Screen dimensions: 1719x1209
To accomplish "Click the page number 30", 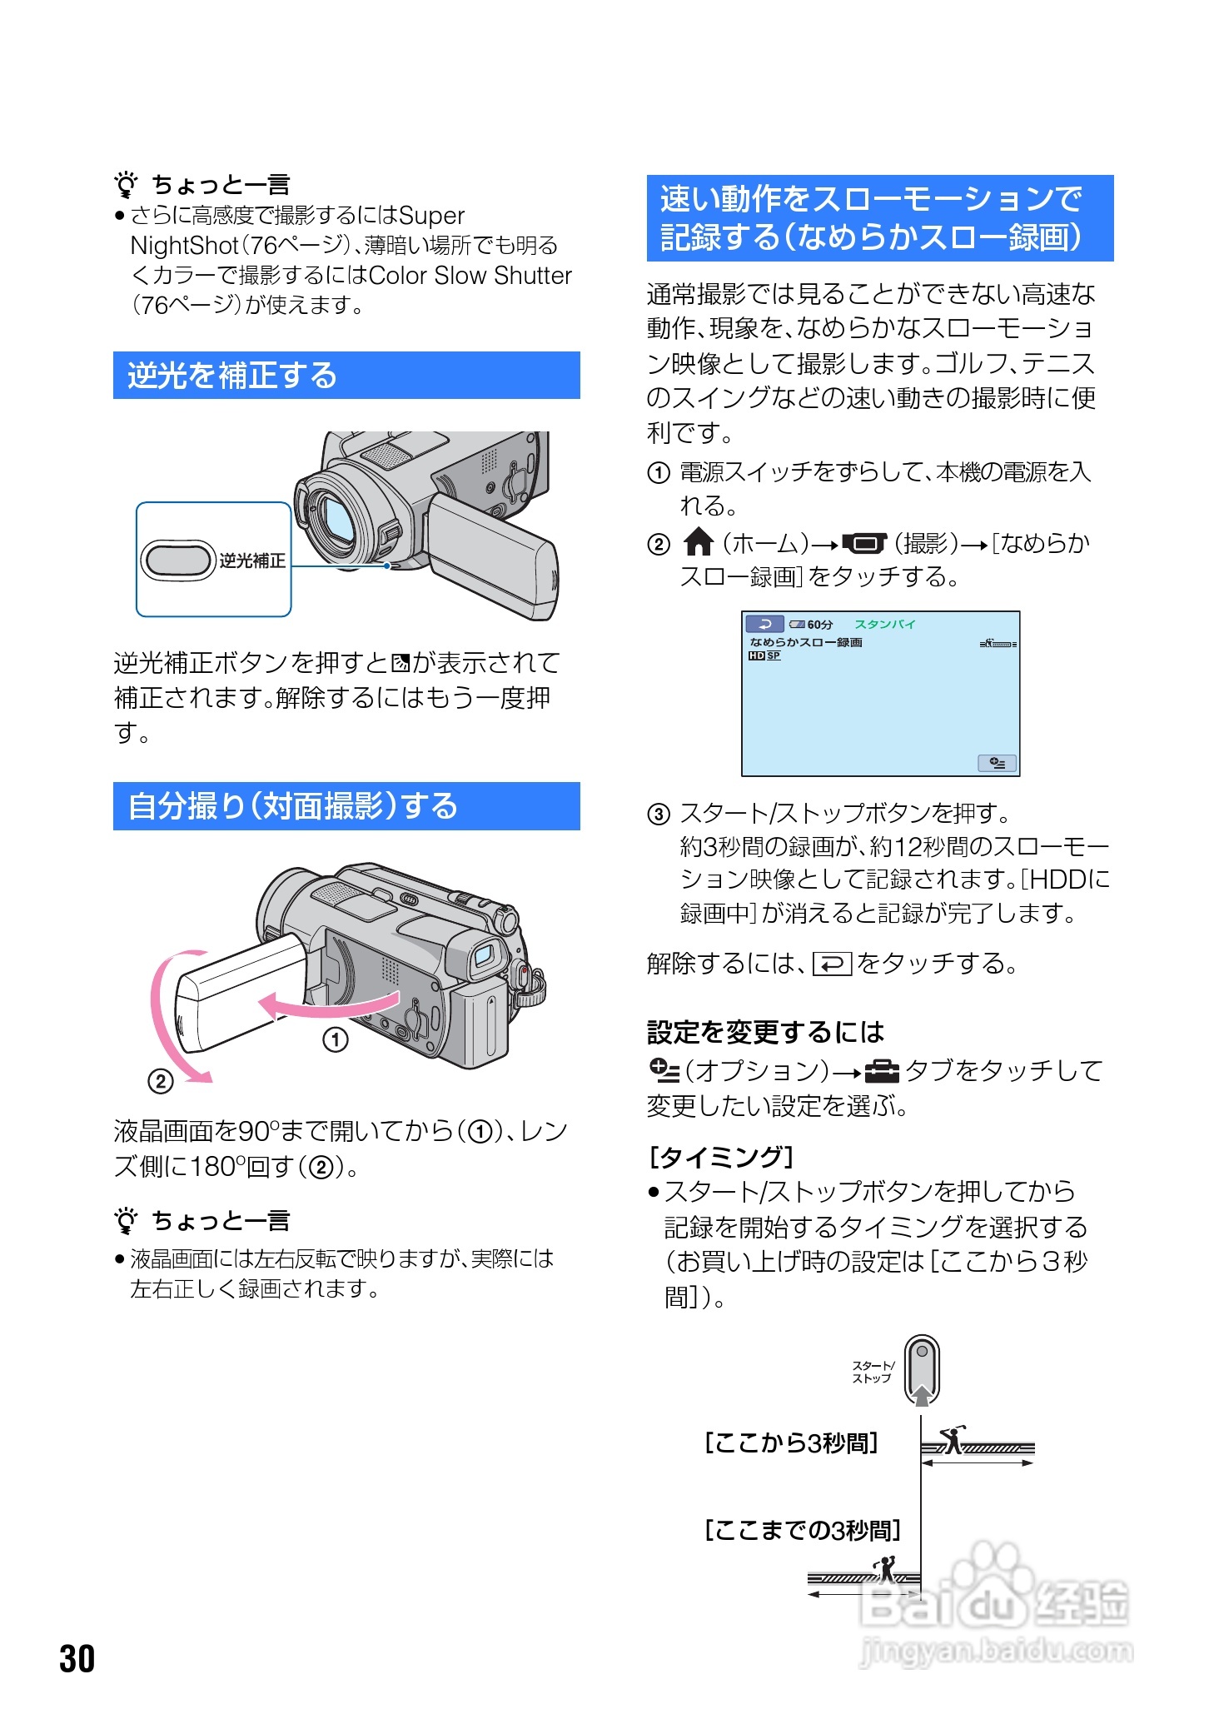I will point(77,1658).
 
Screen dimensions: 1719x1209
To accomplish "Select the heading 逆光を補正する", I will point(231,376).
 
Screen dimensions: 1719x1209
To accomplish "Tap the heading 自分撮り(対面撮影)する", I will point(292,806).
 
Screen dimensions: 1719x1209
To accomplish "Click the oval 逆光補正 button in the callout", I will point(177,560).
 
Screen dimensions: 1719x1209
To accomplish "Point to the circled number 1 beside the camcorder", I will point(336,1039).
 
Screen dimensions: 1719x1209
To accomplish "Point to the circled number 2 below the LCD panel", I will point(160,1081).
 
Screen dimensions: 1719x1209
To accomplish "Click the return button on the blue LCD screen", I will point(764,624).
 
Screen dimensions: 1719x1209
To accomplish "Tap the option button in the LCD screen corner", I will point(997,763).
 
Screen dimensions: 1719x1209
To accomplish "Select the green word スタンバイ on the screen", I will point(884,625).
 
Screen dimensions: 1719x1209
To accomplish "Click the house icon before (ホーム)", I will point(698,543).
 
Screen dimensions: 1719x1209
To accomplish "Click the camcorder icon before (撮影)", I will point(865,544).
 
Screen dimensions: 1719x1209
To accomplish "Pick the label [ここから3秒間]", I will point(791,1442).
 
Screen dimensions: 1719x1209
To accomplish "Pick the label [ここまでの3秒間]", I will point(803,1530).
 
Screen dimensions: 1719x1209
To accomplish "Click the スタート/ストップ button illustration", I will point(922,1369).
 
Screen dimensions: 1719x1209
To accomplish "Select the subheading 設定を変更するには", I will point(765,1033).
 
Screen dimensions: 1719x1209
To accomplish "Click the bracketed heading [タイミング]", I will point(721,1157).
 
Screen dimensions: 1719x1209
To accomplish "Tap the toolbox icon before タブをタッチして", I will point(883,1070).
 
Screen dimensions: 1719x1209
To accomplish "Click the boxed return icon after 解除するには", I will point(832,964).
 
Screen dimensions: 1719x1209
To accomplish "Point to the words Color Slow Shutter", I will point(470,276).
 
